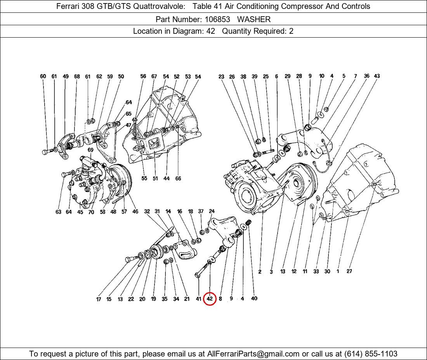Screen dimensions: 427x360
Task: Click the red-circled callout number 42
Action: (x=209, y=299)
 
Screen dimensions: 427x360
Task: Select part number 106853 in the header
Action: (x=217, y=19)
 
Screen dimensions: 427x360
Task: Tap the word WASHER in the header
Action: (x=254, y=19)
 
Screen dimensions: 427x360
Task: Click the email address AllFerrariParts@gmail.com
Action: (x=253, y=354)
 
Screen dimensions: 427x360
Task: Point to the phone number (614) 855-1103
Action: (x=371, y=354)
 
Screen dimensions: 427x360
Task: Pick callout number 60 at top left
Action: (x=43, y=76)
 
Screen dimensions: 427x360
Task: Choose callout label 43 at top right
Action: (x=377, y=76)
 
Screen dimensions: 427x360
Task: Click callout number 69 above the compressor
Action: (x=90, y=150)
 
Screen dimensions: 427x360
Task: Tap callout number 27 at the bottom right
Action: (x=349, y=271)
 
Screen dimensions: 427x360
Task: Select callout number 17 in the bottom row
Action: (x=99, y=299)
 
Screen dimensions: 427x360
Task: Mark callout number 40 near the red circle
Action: (x=254, y=298)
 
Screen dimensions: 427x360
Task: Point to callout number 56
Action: (x=143, y=76)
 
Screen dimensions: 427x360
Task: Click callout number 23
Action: (x=221, y=77)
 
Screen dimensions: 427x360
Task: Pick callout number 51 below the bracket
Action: (x=155, y=178)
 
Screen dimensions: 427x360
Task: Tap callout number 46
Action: (x=135, y=211)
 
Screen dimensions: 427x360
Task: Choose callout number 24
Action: (x=212, y=211)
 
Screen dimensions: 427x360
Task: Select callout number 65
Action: (x=128, y=113)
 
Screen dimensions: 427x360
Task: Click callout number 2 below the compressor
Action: (x=260, y=272)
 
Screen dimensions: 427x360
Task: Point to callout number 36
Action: (x=367, y=76)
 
